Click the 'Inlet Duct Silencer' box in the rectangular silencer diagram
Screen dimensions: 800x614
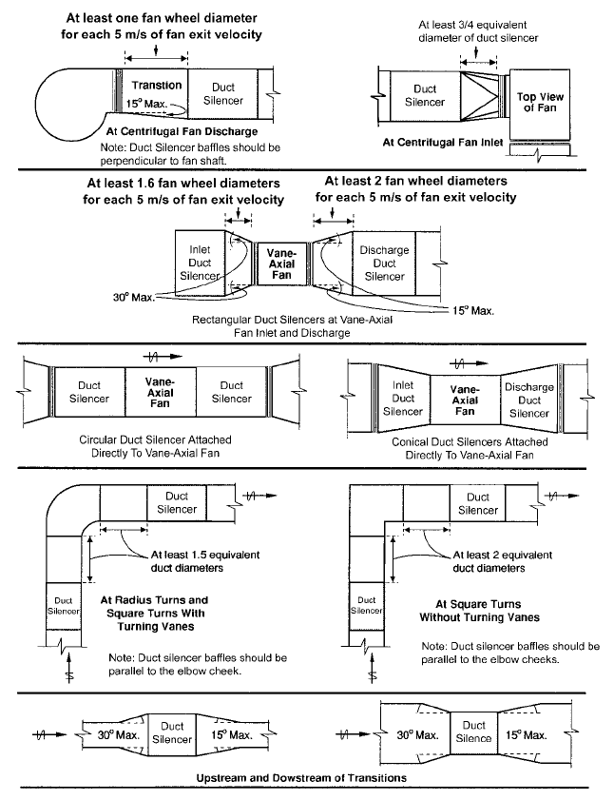coord(200,263)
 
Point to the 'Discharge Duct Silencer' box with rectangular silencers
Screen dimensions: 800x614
coord(385,263)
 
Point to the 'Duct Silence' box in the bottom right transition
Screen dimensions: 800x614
coord(473,732)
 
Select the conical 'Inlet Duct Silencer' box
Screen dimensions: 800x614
coord(403,398)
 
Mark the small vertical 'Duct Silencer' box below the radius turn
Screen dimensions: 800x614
coord(63,605)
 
